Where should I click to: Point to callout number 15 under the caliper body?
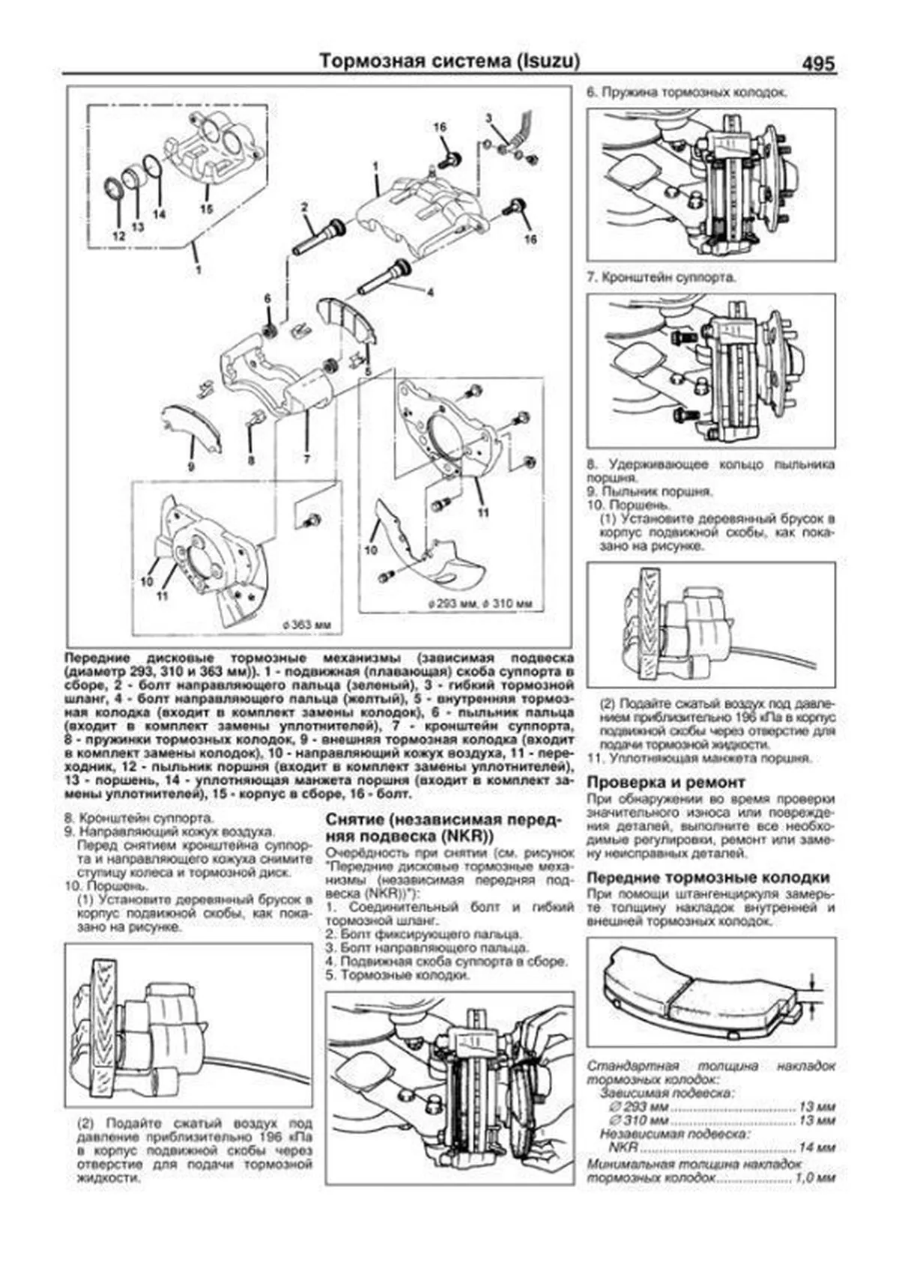(x=208, y=208)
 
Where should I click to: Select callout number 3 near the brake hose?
(x=488, y=118)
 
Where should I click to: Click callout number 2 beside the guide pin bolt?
(x=304, y=205)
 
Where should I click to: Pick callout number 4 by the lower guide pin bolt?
(x=429, y=293)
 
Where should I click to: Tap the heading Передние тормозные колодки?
(x=708, y=877)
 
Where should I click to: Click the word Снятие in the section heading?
(x=356, y=819)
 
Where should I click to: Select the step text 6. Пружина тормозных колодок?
(x=686, y=93)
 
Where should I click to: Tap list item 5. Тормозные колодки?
(x=398, y=976)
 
